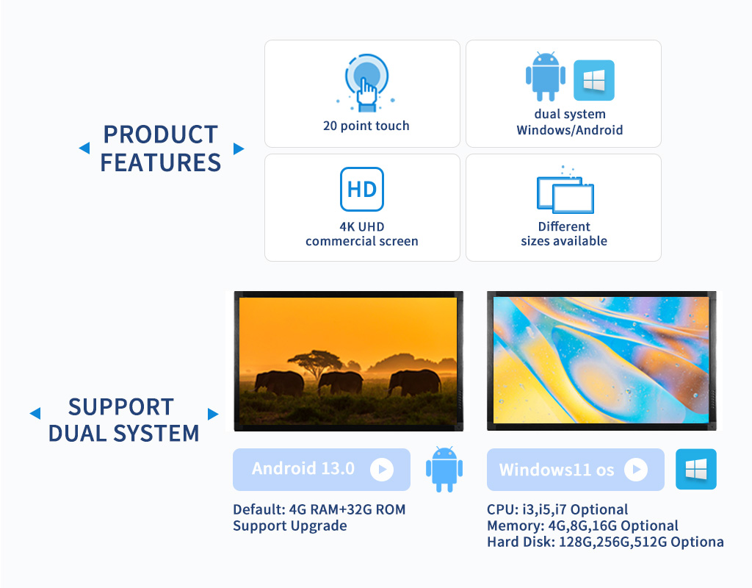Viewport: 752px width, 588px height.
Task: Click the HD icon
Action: point(361,189)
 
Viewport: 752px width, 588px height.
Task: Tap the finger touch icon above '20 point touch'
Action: point(366,82)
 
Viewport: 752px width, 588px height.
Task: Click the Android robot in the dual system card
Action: point(546,76)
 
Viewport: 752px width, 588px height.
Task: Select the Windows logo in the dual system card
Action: point(593,80)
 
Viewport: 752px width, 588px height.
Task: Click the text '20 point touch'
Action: point(366,126)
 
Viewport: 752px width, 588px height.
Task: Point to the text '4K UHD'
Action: point(362,226)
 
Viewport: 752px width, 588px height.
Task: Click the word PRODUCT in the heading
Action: point(161,135)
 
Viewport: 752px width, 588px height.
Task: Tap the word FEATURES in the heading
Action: point(161,162)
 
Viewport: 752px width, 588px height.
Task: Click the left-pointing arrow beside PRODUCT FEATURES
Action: point(84,148)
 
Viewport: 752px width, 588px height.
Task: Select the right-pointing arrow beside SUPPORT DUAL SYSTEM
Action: point(213,414)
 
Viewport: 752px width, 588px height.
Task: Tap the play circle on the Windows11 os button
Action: point(636,469)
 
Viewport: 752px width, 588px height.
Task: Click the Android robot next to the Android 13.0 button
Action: point(444,469)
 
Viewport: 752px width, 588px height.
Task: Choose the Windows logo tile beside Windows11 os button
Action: point(696,469)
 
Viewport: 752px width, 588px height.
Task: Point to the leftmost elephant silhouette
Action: point(279,383)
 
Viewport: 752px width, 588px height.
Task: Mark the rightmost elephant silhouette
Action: point(414,382)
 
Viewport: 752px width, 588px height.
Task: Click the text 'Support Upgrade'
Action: point(289,526)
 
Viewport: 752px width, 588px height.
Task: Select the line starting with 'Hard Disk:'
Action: point(605,542)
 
